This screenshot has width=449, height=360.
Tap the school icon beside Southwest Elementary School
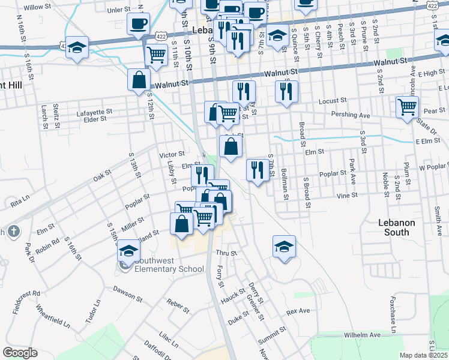(128, 250)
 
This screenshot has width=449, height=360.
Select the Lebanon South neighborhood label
(396, 227)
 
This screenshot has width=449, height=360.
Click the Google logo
(20, 353)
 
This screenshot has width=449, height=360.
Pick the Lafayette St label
(95, 112)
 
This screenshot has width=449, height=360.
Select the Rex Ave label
(298, 311)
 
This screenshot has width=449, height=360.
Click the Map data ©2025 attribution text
(424, 355)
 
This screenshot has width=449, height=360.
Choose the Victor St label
(172, 155)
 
